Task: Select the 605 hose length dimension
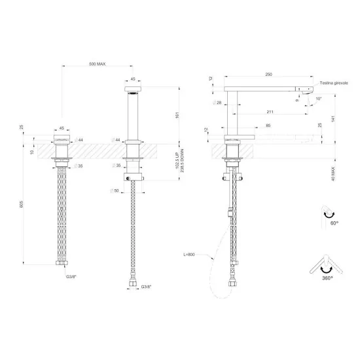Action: coord(22,204)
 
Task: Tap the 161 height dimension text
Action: coord(177,115)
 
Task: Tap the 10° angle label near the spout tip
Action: coord(318,99)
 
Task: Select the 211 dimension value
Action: coord(270,112)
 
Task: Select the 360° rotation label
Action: coord(327,278)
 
